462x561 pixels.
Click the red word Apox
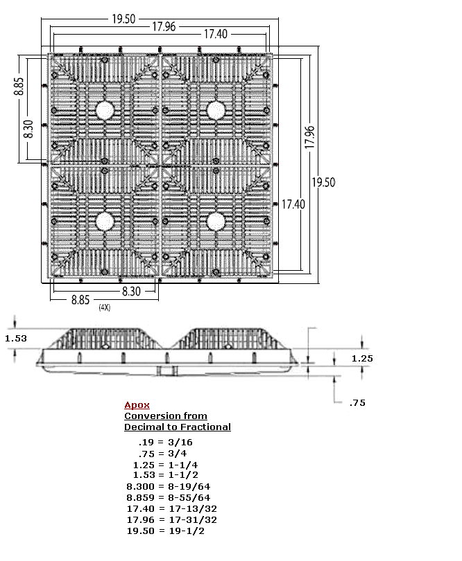pyautogui.click(x=137, y=405)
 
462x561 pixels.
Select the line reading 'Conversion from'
pyautogui.click(x=166, y=416)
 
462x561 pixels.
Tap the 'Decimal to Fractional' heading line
pyautogui.click(x=178, y=427)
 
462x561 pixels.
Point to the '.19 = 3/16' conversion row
pyautogui.click(x=166, y=442)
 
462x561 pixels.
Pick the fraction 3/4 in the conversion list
pyautogui.click(x=178, y=454)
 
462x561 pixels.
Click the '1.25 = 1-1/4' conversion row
pyautogui.click(x=166, y=465)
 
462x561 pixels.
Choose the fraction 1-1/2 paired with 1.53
pyautogui.click(x=183, y=475)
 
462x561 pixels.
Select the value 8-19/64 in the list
pyautogui.click(x=189, y=487)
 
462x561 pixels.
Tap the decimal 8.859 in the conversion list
pyautogui.click(x=141, y=498)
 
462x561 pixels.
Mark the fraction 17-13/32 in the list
pyautogui.click(x=193, y=509)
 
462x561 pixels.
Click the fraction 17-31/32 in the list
pyautogui.click(x=193, y=520)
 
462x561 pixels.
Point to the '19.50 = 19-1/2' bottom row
pyautogui.click(x=166, y=531)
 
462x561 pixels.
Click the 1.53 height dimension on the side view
pyautogui.click(x=16, y=339)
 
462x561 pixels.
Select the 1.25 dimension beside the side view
pyautogui.click(x=362, y=359)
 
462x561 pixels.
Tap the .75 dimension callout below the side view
pyautogui.click(x=357, y=403)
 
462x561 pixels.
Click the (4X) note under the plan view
pyautogui.click(x=105, y=308)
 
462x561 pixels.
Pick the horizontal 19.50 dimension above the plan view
pyautogui.click(x=123, y=19)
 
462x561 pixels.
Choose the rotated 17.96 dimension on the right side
pyautogui.click(x=309, y=137)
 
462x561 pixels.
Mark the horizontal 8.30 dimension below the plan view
pyautogui.click(x=131, y=291)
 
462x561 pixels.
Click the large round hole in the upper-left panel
pyautogui.click(x=105, y=110)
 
